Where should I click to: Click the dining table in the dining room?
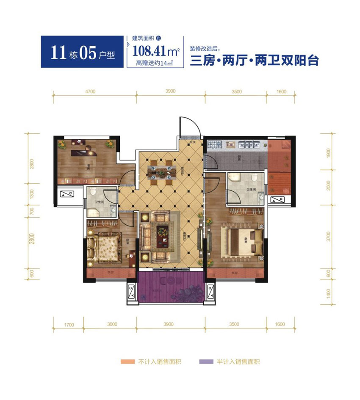pyautogui.click(x=160, y=172)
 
